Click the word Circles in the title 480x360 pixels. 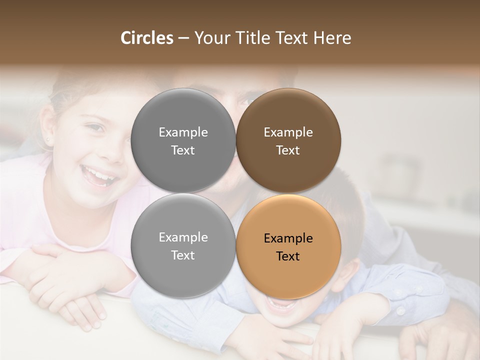[x=147, y=38]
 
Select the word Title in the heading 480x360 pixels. [x=254, y=38]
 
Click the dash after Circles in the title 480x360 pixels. [x=183, y=38]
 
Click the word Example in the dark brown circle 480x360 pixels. [x=288, y=132]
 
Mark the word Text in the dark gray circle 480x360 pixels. [x=183, y=150]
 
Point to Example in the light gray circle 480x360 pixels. [x=183, y=237]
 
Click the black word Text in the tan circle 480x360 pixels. [x=288, y=256]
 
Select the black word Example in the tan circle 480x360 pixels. [x=288, y=238]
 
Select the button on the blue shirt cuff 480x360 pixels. [x=400, y=310]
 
